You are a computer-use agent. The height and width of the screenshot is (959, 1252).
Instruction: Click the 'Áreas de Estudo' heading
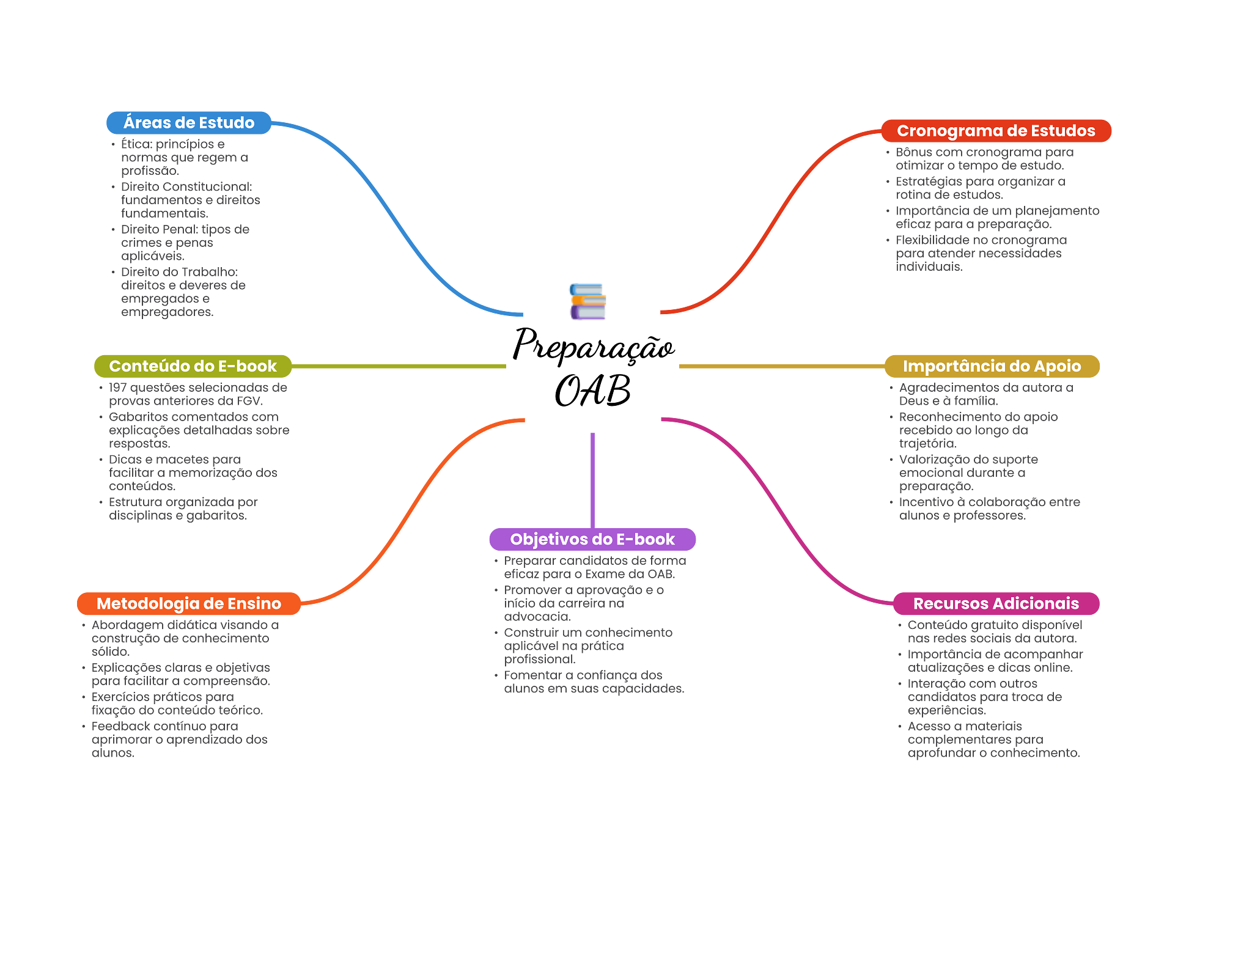[189, 123]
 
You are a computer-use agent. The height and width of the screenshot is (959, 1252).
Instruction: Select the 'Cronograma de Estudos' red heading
[996, 131]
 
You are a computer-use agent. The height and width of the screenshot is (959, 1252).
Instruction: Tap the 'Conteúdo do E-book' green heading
[193, 366]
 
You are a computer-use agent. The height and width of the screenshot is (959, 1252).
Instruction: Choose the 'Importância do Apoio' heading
[992, 366]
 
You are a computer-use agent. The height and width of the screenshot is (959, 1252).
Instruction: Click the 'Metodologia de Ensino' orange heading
[188, 604]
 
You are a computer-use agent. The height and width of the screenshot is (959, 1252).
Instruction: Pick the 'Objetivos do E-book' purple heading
[592, 539]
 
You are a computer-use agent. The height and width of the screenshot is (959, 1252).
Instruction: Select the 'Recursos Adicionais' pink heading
[996, 604]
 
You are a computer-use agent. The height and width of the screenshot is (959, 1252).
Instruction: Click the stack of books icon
[587, 301]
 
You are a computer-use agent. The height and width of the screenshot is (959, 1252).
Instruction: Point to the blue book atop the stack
[586, 288]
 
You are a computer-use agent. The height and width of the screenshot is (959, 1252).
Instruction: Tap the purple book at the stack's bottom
[587, 313]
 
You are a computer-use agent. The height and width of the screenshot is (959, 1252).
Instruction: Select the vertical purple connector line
[592, 480]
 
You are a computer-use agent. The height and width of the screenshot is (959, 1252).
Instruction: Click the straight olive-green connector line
[397, 367]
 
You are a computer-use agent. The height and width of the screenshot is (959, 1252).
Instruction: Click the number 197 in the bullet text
[117, 388]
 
